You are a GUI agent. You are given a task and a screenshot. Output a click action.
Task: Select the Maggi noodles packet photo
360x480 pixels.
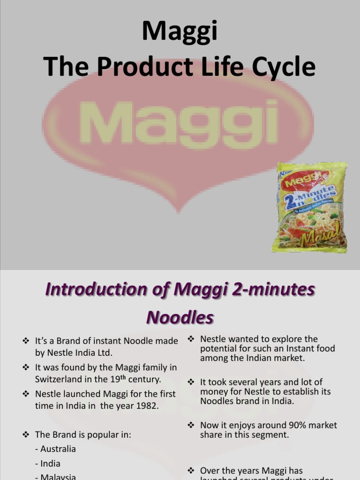point(312,207)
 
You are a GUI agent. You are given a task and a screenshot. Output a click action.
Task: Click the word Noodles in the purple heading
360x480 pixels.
point(180,318)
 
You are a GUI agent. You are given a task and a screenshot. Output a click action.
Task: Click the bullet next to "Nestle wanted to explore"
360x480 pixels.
point(191,339)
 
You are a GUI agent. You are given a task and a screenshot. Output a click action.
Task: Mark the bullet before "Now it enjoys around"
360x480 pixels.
point(191,425)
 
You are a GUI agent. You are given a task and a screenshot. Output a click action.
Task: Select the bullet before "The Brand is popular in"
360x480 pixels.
point(26,435)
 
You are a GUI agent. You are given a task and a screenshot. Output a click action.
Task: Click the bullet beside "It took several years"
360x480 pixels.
point(191,382)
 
